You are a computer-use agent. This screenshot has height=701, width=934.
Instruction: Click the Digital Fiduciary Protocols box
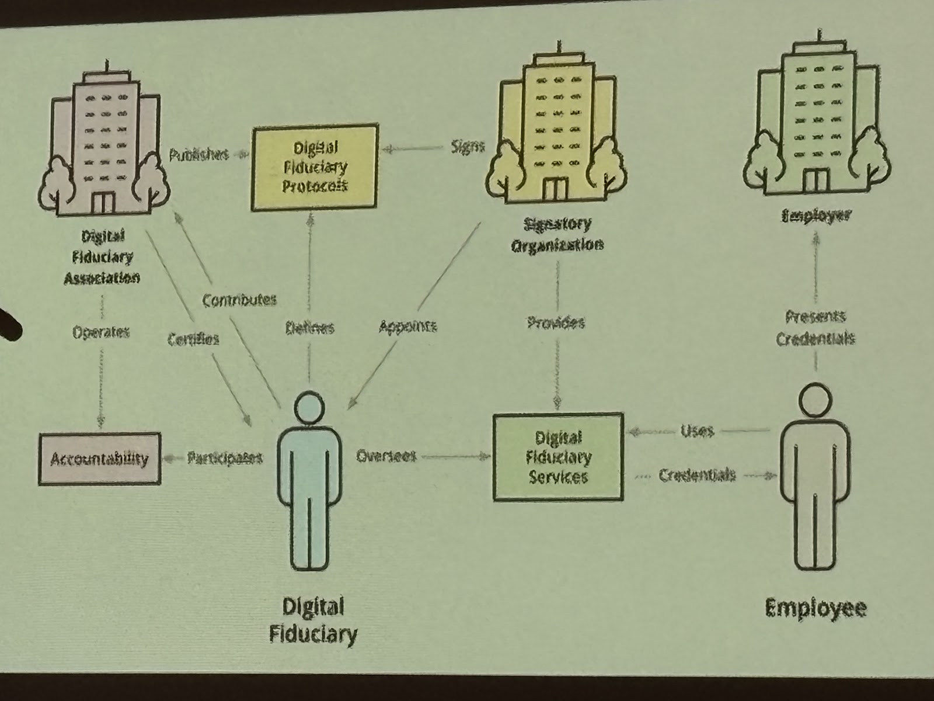coord(315,167)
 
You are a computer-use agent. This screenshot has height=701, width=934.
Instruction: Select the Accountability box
coord(99,459)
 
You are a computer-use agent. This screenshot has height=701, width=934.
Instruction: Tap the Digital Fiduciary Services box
coord(558,457)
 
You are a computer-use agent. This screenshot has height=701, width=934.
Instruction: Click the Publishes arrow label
coord(198,155)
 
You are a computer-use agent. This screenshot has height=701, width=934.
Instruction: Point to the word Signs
coord(468,146)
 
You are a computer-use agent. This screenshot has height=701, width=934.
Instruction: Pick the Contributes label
coord(239,300)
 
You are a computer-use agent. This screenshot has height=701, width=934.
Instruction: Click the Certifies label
coord(193,339)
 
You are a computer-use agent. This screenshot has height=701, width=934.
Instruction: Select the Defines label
coord(310,328)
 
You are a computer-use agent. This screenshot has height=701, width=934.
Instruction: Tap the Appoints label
coord(407,327)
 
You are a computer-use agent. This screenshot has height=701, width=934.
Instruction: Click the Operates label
coord(101,332)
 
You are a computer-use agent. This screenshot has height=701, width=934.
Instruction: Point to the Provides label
coord(556,322)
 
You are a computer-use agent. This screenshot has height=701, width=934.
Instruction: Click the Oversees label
coord(386,456)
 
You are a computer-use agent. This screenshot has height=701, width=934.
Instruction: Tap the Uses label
coord(697,431)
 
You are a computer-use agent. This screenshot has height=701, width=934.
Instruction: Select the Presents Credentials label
coord(815,328)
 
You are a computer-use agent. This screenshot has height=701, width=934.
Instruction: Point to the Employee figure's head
coord(815,400)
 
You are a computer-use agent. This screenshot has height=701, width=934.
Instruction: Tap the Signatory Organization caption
coord(557,234)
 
